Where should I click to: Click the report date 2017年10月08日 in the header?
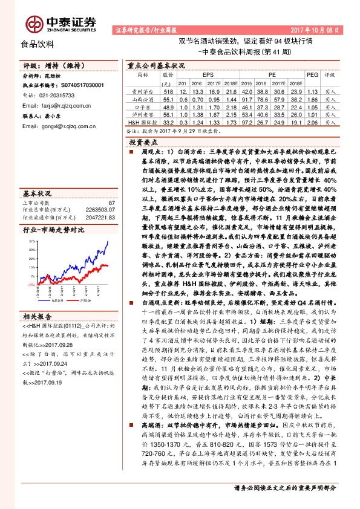[323, 29]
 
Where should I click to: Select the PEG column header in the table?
[312, 75]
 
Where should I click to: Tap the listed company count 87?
[110, 203]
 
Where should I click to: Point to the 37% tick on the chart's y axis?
[31, 241]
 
